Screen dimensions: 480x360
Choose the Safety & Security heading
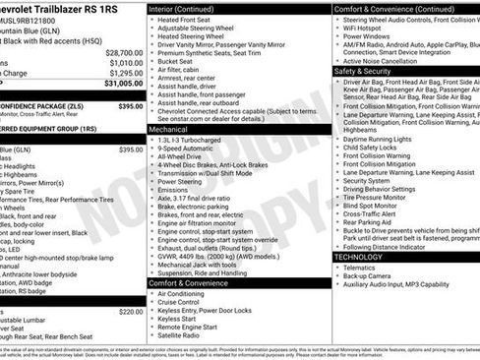364,72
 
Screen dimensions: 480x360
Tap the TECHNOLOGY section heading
358,256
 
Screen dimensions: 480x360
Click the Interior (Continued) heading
189,9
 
